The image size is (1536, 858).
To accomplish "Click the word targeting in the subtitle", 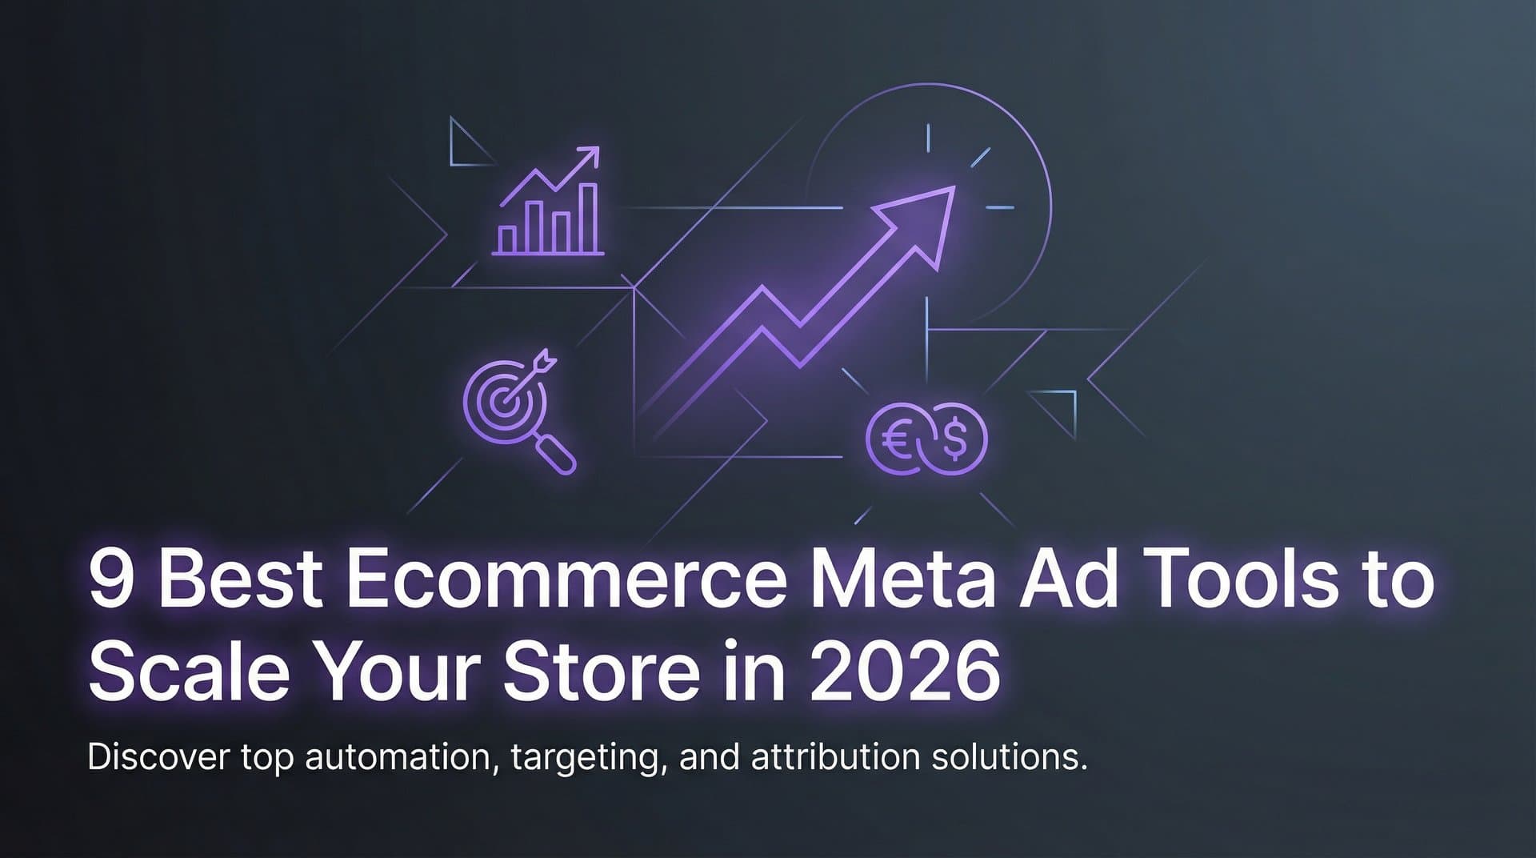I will coord(590,758).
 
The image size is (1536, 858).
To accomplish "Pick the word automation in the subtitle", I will coord(398,756).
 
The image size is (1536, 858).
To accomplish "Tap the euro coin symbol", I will coord(896,439).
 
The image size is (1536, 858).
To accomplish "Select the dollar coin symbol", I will coord(954,439).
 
